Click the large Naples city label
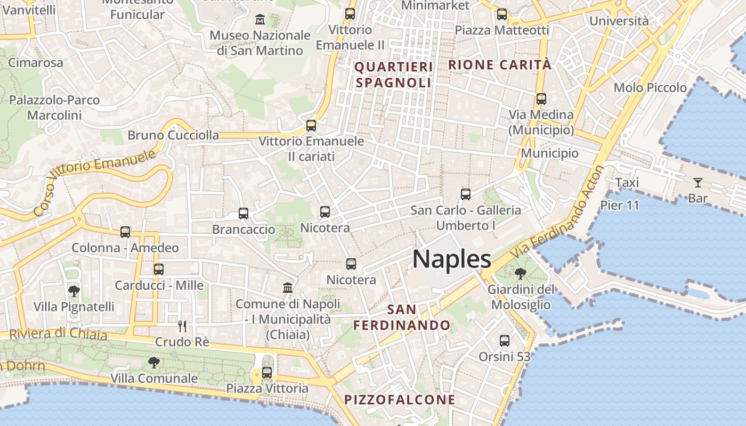pyautogui.click(x=452, y=259)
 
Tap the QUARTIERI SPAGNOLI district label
pyautogui.click(x=393, y=75)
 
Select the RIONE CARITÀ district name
pyautogui.click(x=500, y=65)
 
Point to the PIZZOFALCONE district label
pyautogui.click(x=400, y=400)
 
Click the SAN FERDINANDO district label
pyautogui.click(x=402, y=317)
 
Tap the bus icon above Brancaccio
pyautogui.click(x=244, y=214)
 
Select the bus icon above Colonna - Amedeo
pyautogui.click(x=125, y=232)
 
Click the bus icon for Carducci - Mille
pyautogui.click(x=159, y=269)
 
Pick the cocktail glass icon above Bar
pyautogui.click(x=698, y=183)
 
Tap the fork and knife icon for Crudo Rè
pyautogui.click(x=182, y=325)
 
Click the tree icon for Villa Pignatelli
pyautogui.click(x=74, y=291)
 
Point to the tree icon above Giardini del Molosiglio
pyautogui.click(x=521, y=274)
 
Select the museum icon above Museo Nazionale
pyautogui.click(x=260, y=20)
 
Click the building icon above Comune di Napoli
pyautogui.click(x=288, y=288)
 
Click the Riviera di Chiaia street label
pyautogui.click(x=59, y=334)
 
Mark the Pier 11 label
pyautogui.click(x=619, y=205)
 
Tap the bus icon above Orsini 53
pyautogui.click(x=505, y=340)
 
